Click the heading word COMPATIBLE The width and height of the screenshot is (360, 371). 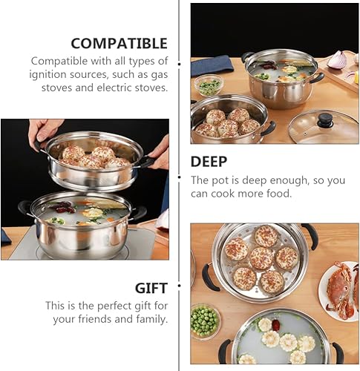pyautogui.click(x=120, y=44)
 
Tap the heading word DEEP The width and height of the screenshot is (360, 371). pyautogui.click(x=209, y=162)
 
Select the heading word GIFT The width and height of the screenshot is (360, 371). pyautogui.click(x=151, y=288)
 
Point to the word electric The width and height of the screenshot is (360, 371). pyautogui.click(x=114, y=88)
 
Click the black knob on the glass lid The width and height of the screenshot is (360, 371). pyautogui.click(x=325, y=120)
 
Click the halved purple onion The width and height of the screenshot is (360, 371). pyautogui.click(x=338, y=59)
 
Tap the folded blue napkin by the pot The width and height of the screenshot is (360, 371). pyautogui.click(x=212, y=65)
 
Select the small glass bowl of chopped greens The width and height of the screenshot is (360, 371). pyautogui.click(x=209, y=85)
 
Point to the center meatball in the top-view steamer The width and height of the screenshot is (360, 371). pyautogui.click(x=261, y=258)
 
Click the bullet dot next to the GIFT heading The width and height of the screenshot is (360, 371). pyautogui.click(x=179, y=286)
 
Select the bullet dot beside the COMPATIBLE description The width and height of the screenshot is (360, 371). pyautogui.click(x=180, y=64)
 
